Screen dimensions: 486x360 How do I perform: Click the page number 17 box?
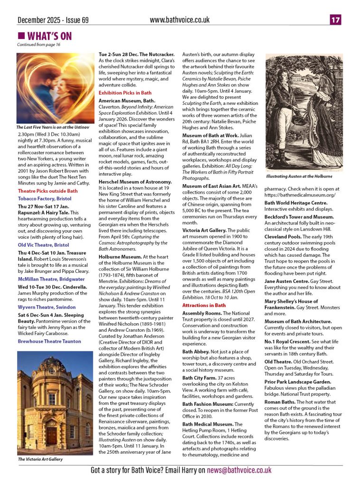click(336, 20)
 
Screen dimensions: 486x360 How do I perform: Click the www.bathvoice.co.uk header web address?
click(179, 20)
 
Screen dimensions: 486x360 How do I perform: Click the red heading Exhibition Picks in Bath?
click(125, 93)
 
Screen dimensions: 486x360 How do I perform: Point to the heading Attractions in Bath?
click(204, 305)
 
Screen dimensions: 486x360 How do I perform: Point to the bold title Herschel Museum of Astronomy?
click(135, 182)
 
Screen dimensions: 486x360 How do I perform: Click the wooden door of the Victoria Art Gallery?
click(51, 435)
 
